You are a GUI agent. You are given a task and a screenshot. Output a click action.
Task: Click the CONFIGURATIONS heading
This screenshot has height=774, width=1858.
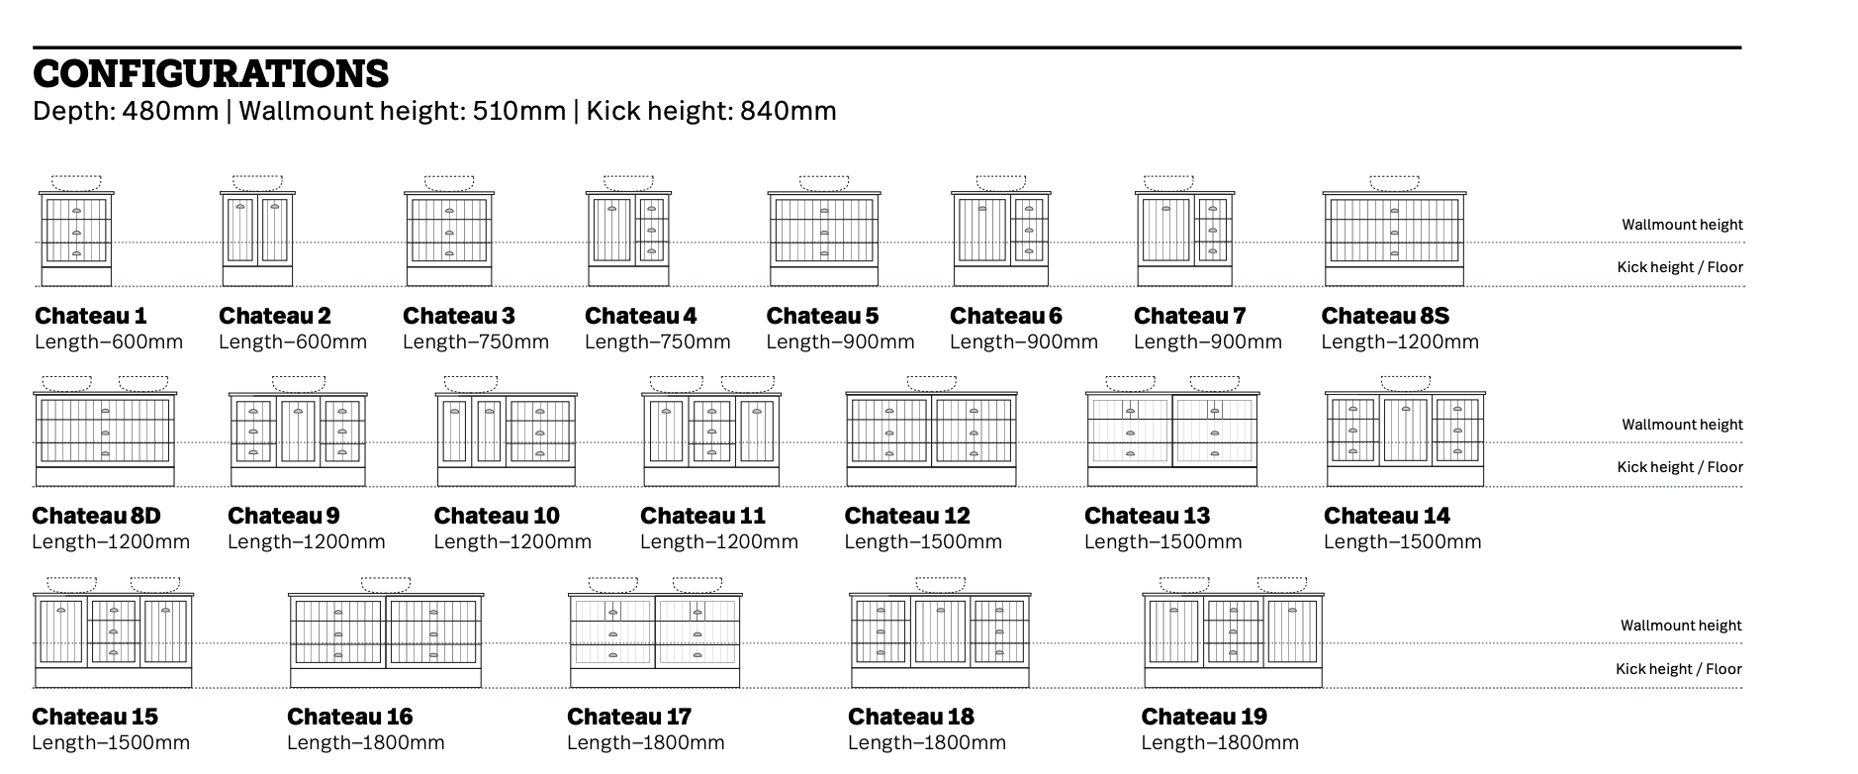[x=211, y=74]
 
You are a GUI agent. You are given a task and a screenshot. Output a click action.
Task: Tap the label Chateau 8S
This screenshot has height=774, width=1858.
[x=1385, y=316]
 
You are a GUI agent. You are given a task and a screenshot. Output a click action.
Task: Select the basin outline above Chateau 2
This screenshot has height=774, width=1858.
[x=257, y=183]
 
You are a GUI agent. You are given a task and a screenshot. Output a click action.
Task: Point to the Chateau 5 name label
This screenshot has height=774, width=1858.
[x=822, y=316]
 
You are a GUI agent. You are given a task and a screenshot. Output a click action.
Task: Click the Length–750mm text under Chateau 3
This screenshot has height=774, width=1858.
[x=476, y=341]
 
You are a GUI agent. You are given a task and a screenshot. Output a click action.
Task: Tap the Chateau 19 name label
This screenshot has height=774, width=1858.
[x=1204, y=717]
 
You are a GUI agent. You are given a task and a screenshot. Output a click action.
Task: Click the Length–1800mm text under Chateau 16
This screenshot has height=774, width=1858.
[x=366, y=742]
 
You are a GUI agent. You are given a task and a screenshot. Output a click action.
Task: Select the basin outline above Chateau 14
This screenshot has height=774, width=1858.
[x=1406, y=383]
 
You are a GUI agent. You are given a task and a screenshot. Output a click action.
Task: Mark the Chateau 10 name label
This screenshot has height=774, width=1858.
[x=497, y=516]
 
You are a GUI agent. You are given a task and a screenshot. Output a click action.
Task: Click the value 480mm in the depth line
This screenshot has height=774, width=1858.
[x=170, y=111]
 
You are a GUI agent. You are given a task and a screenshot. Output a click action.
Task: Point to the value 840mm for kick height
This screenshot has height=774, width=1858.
[x=789, y=111]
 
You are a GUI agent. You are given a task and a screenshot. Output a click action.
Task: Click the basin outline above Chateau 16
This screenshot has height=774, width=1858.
[x=386, y=585]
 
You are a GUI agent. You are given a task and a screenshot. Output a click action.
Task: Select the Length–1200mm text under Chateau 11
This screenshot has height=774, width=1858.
[x=719, y=541]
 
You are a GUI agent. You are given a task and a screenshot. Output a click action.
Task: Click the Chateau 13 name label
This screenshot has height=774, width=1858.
[x=1148, y=516]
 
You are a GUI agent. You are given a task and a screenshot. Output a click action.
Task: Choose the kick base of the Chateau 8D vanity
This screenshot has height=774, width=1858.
[x=105, y=476]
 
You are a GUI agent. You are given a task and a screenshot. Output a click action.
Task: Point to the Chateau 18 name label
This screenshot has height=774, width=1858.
[x=911, y=717]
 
